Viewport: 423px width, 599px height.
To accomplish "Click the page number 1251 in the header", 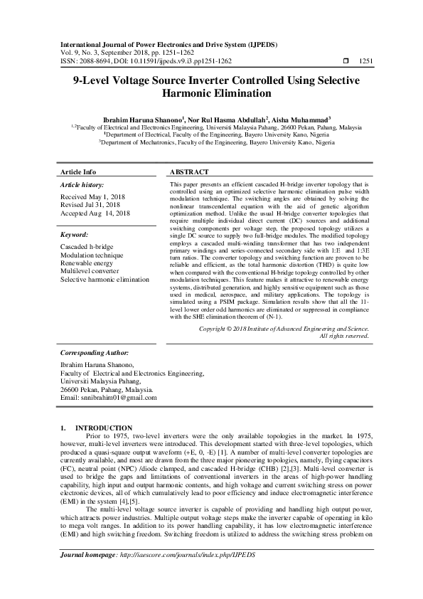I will click(x=363, y=61).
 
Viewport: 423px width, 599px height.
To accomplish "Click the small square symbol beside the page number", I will click(x=346, y=61).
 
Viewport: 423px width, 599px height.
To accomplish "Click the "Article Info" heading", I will click(x=78, y=172).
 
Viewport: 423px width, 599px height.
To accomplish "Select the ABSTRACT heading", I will click(x=189, y=172).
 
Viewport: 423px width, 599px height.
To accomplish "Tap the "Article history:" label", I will click(x=84, y=184).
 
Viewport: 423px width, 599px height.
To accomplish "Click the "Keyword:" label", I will click(x=75, y=234).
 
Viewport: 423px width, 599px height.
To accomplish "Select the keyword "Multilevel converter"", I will click(x=90, y=271).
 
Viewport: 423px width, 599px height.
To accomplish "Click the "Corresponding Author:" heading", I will click(x=95, y=353).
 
